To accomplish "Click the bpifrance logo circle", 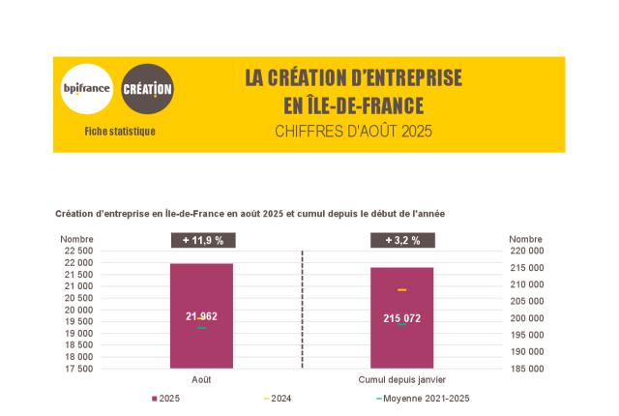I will (x=87, y=90).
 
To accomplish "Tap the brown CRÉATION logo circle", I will (x=148, y=90).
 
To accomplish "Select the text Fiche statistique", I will (x=119, y=132).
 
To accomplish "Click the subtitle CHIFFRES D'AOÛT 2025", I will (x=353, y=131).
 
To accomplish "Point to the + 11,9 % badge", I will (x=202, y=241).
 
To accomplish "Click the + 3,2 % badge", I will (x=402, y=241).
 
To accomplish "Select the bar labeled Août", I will (x=201, y=290).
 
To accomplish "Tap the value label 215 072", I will (x=401, y=318).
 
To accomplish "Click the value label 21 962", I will (x=201, y=317).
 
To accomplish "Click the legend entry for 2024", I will (x=278, y=399).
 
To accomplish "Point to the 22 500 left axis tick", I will (x=79, y=251).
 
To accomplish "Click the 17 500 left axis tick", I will (x=79, y=369).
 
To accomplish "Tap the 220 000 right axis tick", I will (x=526, y=251).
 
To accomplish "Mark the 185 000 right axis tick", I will (x=526, y=369).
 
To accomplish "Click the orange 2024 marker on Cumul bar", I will (x=401, y=290).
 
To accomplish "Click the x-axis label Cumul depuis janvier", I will (x=401, y=379).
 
